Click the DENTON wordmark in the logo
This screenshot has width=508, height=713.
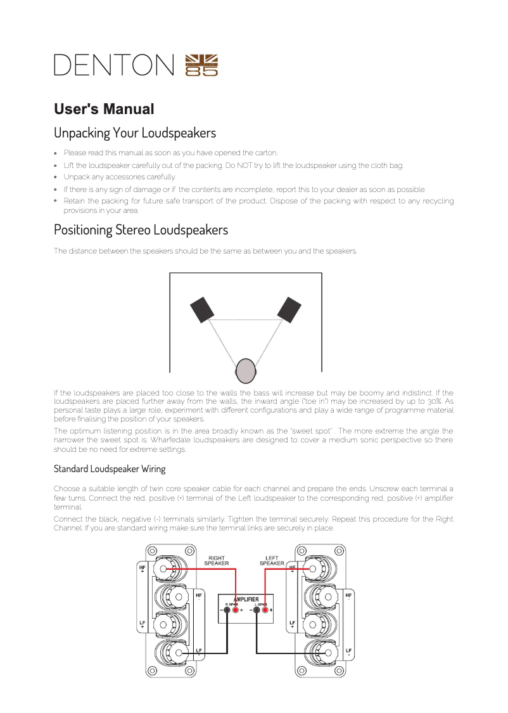114,65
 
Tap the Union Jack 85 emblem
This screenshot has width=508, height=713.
201,65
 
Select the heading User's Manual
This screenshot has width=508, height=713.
104,109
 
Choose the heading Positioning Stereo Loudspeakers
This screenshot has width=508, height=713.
141,229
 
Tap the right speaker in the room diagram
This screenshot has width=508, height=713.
289,309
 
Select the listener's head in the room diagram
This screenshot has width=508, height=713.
245,370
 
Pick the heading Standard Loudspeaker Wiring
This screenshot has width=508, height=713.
110,469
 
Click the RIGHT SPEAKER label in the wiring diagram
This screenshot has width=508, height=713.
217,560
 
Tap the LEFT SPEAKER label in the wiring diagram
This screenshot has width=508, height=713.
272,560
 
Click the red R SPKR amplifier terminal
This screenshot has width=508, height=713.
236,610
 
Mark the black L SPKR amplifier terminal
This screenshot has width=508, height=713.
256,610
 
